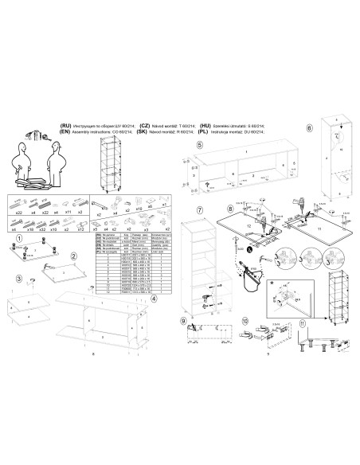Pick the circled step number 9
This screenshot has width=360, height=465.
pos(183,320)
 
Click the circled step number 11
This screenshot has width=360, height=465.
pos(302,324)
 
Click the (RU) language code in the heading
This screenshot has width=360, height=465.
pos(65,127)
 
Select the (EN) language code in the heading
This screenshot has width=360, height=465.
pos(65,133)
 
